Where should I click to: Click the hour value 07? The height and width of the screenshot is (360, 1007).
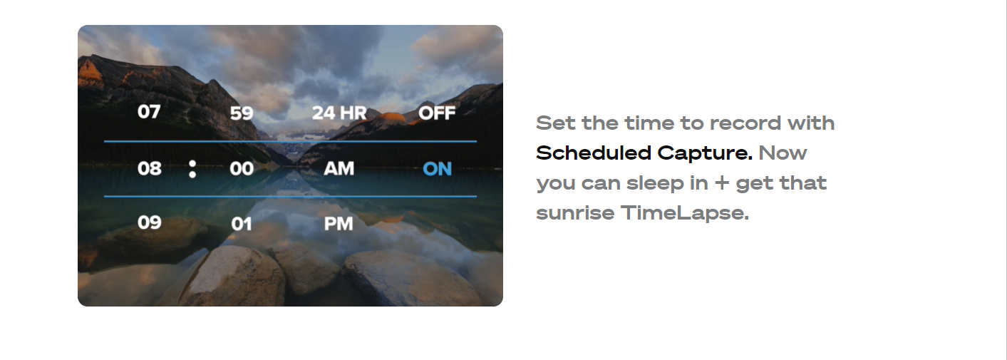(149, 112)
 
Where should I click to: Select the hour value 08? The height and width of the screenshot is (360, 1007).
(149, 168)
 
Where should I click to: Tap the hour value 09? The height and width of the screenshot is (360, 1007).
(149, 222)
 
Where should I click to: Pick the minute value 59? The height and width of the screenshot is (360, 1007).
(242, 113)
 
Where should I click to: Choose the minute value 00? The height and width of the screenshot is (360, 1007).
(242, 168)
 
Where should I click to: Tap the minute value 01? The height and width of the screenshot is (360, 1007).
(242, 224)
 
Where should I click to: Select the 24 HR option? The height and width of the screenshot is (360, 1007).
(339, 113)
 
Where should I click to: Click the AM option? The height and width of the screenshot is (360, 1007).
(339, 168)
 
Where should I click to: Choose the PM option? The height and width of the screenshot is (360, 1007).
(339, 224)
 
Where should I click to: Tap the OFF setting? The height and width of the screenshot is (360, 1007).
(437, 113)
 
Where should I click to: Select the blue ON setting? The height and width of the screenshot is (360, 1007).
(437, 169)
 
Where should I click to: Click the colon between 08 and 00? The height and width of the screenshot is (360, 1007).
(192, 169)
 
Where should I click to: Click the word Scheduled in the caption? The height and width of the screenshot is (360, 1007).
(594, 153)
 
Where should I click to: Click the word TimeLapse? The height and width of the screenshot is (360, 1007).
(685, 213)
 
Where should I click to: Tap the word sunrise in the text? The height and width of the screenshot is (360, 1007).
(575, 213)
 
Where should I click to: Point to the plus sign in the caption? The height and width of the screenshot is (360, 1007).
(721, 183)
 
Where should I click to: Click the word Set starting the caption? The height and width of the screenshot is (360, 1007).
(556, 123)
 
